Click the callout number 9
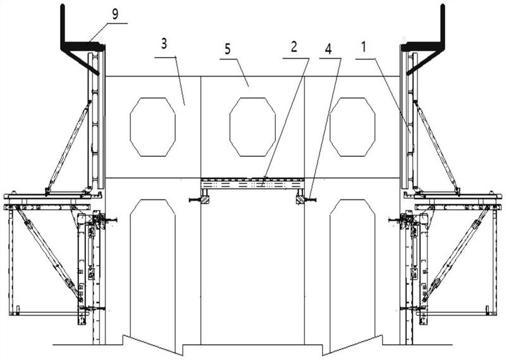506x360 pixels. click(x=115, y=15)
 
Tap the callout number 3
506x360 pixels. click(x=164, y=44)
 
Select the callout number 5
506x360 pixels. click(x=228, y=49)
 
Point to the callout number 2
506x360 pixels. click(x=293, y=47)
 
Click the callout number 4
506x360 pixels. click(x=328, y=49)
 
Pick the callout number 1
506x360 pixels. click(x=364, y=47)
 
